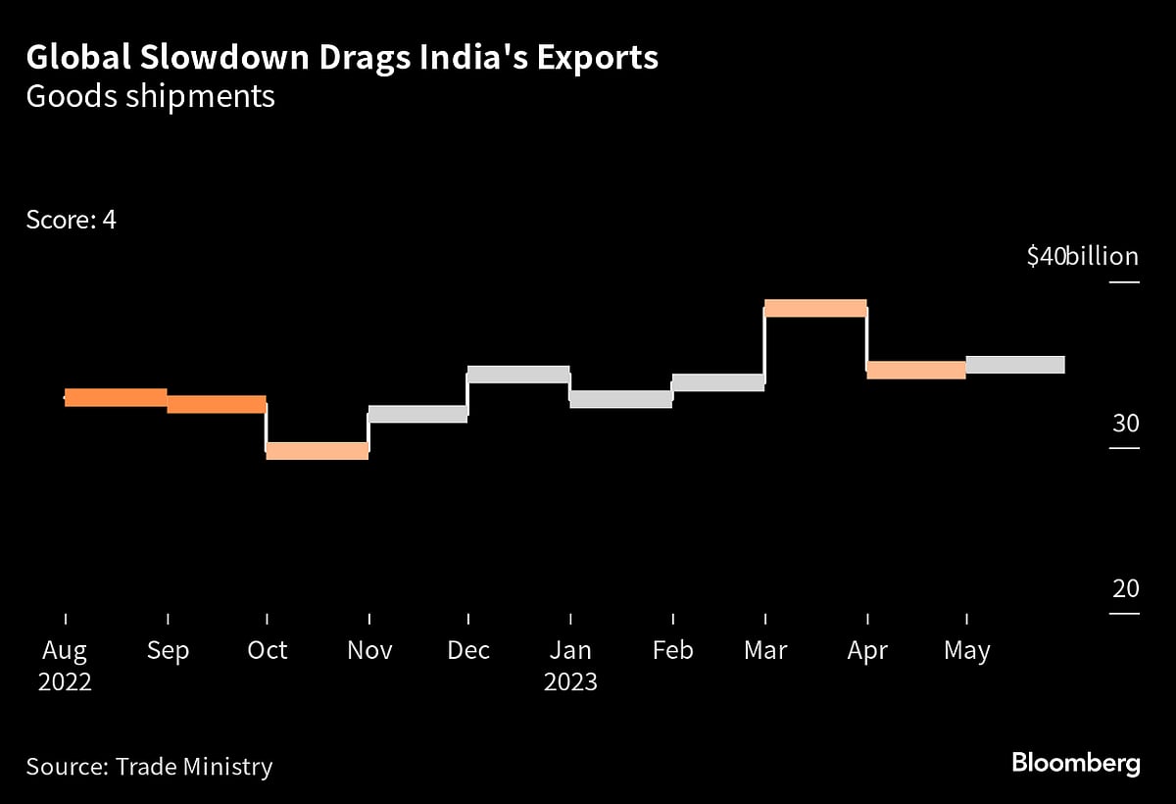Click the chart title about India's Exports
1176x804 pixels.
coord(342,58)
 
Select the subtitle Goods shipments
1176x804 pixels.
coord(150,98)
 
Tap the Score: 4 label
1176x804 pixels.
coord(72,220)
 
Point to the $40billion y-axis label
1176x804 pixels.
coord(1082,257)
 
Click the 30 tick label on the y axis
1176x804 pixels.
coord(1125,424)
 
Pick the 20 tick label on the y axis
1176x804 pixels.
coord(1125,589)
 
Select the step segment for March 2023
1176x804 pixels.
coord(815,308)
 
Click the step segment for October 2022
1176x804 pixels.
coord(317,451)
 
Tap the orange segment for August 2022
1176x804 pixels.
coord(116,397)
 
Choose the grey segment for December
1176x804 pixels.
coord(518,375)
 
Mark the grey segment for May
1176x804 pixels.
coord(1015,365)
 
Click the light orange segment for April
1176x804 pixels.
coord(916,370)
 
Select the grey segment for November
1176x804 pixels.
coord(417,414)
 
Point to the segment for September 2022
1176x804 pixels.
coord(217,404)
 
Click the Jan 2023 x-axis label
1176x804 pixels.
coord(570,665)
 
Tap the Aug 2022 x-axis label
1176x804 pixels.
coord(65,665)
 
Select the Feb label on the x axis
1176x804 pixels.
coord(672,650)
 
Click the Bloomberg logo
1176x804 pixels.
coord(1075,764)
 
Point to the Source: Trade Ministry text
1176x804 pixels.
coord(149,766)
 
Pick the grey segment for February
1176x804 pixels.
coord(718,382)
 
